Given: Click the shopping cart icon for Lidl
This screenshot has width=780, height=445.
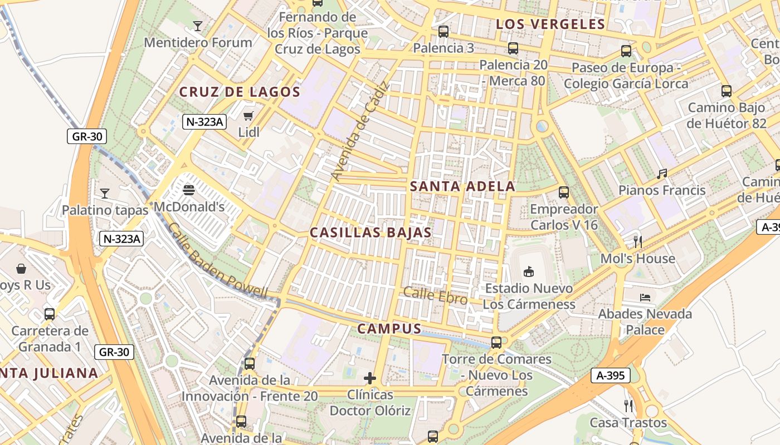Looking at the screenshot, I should pyautogui.click(x=248, y=116).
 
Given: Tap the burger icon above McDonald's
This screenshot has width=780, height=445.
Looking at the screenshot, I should pyautogui.click(x=189, y=190).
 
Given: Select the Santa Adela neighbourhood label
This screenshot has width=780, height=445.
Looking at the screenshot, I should pyautogui.click(x=462, y=186).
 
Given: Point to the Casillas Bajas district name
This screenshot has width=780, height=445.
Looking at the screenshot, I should pyautogui.click(x=370, y=233).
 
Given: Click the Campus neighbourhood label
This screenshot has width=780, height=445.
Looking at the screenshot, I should pyautogui.click(x=389, y=329).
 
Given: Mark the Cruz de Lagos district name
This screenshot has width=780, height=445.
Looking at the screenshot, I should pyautogui.click(x=240, y=92).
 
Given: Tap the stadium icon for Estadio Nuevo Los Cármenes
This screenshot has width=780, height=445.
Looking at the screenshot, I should pyautogui.click(x=528, y=272).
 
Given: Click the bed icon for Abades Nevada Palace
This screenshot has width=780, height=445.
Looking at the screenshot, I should pyautogui.click(x=645, y=298).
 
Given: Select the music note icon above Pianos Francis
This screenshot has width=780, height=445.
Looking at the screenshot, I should pyautogui.click(x=662, y=174).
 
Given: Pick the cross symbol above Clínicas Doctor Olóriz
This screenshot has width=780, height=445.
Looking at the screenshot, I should pyautogui.click(x=370, y=379).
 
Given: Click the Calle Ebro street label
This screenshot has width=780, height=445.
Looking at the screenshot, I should pyautogui.click(x=436, y=295).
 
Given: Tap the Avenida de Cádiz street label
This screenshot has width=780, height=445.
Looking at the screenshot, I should pyautogui.click(x=360, y=132).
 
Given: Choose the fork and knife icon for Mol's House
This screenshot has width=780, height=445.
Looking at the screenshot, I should pyautogui.click(x=638, y=242).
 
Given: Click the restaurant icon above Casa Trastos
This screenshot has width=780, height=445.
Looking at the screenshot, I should pyautogui.click(x=628, y=406).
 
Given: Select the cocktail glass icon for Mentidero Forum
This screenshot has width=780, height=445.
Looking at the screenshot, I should pyautogui.click(x=197, y=26).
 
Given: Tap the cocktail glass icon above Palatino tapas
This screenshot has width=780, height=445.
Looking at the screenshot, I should pyautogui.click(x=105, y=194).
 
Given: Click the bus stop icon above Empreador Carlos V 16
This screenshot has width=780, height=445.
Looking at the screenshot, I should pyautogui.click(x=564, y=193).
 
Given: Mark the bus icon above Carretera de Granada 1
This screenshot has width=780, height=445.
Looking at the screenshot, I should pyautogui.click(x=50, y=314).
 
